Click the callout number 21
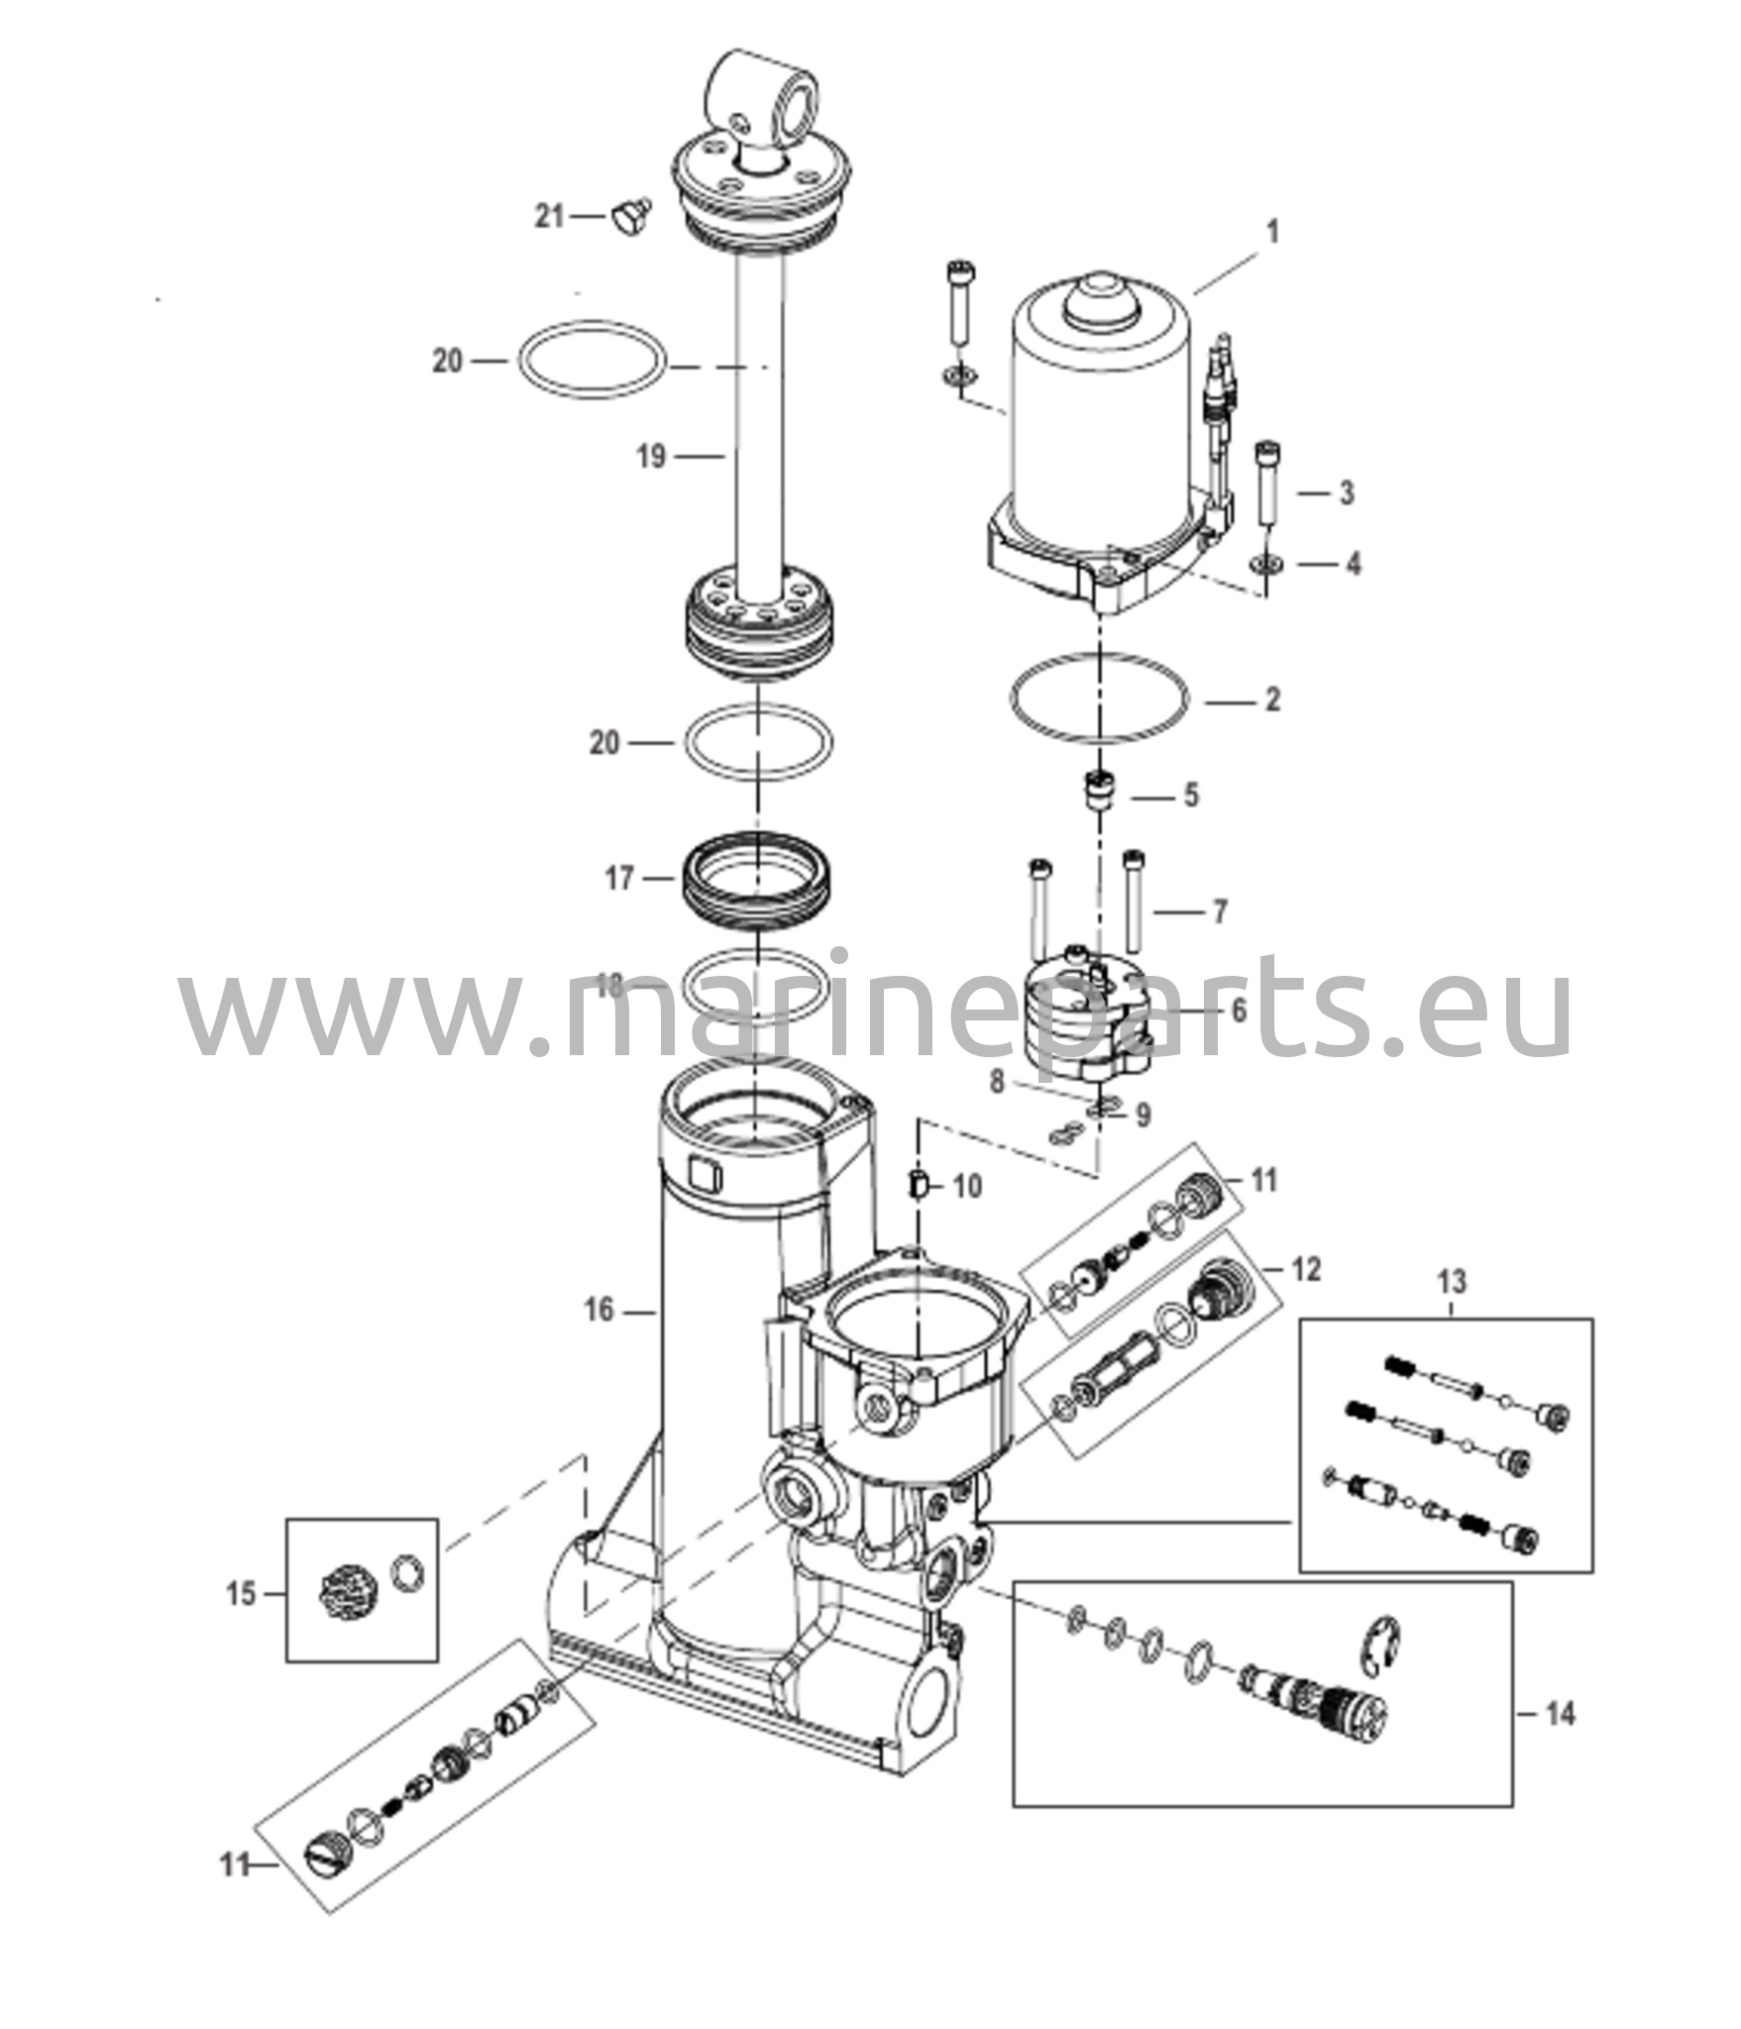pyautogui.click(x=549, y=215)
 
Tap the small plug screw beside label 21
pyautogui.click(x=627, y=217)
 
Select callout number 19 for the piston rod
pyautogui.click(x=650, y=457)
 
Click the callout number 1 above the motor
pyautogui.click(x=1273, y=232)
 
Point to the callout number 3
pyautogui.click(x=1346, y=492)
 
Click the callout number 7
pyautogui.click(x=1219, y=910)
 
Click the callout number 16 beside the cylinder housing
pyautogui.click(x=598, y=1311)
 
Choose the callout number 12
pyautogui.click(x=1307, y=1269)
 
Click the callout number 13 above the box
pyautogui.click(x=1452, y=1282)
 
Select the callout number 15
pyautogui.click(x=241, y=1594)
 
